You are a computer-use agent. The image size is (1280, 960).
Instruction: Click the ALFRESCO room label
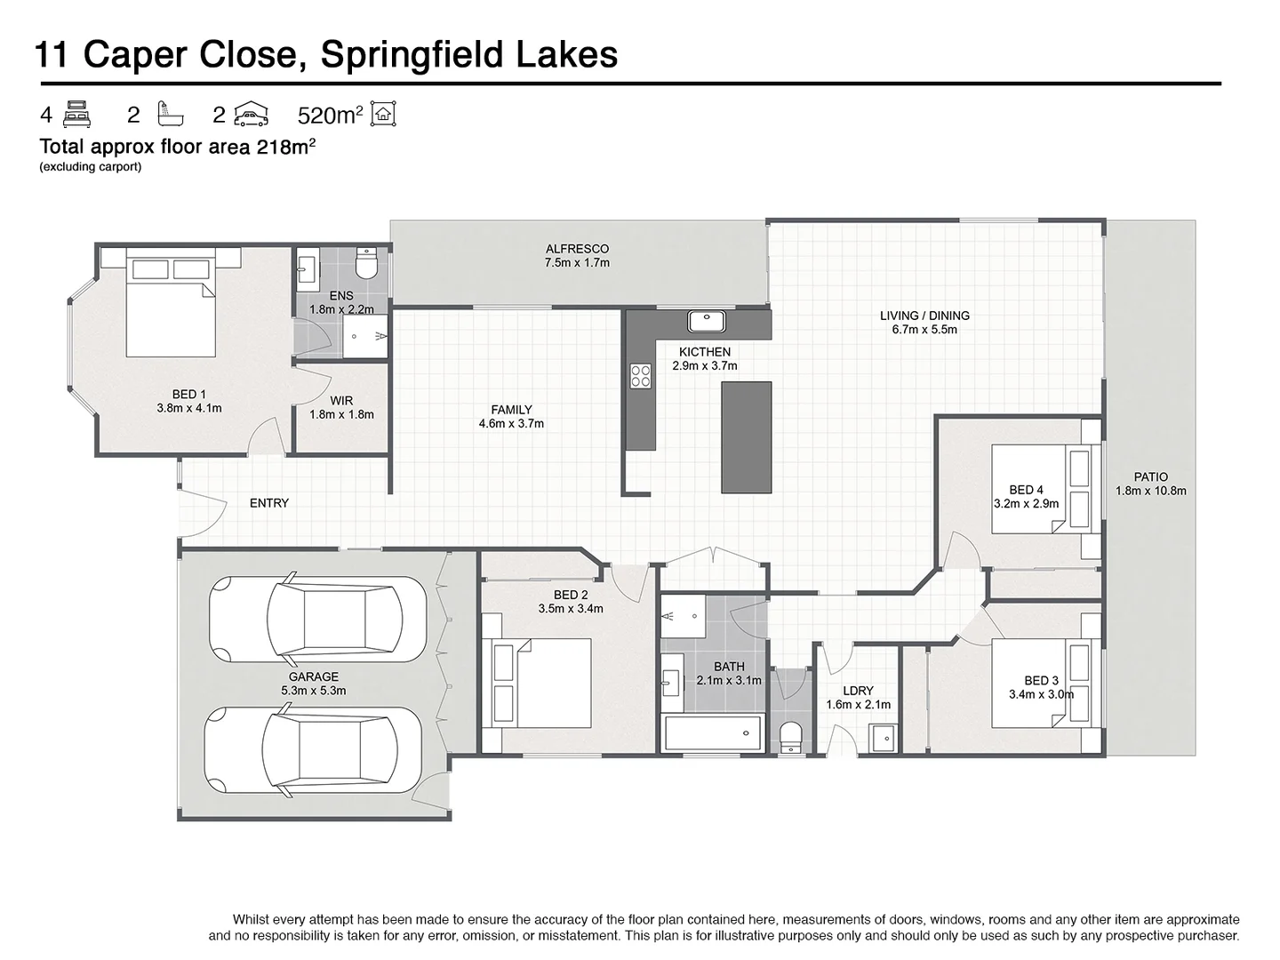click(577, 249)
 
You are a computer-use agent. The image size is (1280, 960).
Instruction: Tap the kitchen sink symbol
click(707, 321)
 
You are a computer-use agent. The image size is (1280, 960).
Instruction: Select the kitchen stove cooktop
click(640, 376)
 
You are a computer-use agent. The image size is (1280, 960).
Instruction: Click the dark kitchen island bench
click(746, 436)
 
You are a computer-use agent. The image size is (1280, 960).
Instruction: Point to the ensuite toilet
click(366, 263)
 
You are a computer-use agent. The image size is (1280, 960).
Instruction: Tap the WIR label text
click(341, 401)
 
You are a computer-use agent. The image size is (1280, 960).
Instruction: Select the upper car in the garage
click(305, 620)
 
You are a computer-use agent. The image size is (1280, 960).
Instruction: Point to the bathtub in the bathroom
click(713, 733)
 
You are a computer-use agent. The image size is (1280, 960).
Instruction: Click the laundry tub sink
click(884, 738)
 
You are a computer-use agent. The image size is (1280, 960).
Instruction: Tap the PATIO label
click(1151, 477)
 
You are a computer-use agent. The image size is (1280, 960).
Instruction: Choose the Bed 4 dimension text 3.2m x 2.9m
click(1026, 503)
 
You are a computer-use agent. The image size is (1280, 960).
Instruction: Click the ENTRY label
click(269, 503)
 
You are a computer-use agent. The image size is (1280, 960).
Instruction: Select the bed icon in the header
click(78, 114)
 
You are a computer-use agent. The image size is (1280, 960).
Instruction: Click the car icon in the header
click(252, 114)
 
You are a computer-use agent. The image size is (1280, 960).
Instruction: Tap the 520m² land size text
click(330, 116)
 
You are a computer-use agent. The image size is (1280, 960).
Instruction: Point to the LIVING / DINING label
click(924, 316)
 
